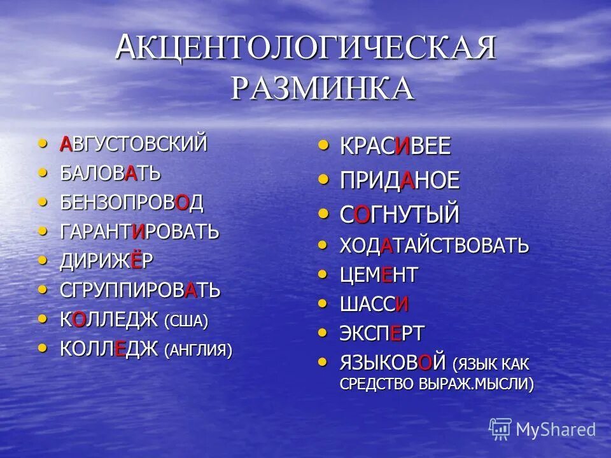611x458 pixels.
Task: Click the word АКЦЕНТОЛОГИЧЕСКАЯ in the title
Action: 305,48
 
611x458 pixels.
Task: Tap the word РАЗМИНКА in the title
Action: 322,87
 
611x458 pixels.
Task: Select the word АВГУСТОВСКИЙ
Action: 134,144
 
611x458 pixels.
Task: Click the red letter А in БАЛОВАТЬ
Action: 130,173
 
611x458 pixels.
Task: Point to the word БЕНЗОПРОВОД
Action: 132,202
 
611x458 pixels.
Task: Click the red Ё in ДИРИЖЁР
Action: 136,261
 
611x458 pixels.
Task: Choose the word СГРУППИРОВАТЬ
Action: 140,291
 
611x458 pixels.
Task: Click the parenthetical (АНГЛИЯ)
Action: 199,350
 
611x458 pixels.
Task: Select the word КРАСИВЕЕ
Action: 395,147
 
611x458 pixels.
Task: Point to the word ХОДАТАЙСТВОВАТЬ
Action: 434,246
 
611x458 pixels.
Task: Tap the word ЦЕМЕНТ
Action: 379,275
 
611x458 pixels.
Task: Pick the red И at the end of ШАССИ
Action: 402,305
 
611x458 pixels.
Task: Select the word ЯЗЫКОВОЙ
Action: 392,364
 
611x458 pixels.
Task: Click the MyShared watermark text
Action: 556,430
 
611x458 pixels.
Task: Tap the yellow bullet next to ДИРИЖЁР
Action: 43,260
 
